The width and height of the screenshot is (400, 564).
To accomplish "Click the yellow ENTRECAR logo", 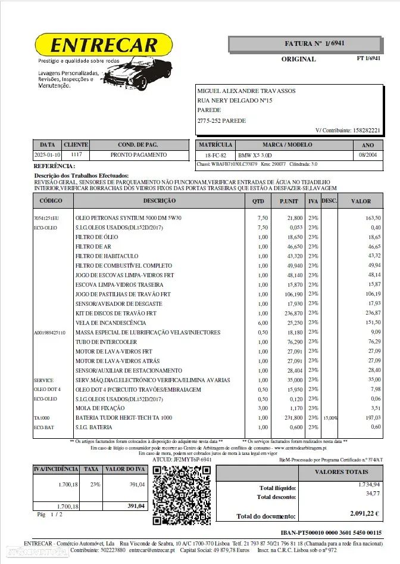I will pyautogui.click(x=104, y=45).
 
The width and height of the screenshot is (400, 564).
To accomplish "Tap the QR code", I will pyautogui.click(x=181, y=495).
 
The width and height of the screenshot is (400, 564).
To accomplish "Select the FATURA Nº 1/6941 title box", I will pyautogui.click(x=305, y=44).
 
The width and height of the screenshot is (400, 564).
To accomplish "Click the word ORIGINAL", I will pyautogui.click(x=298, y=60).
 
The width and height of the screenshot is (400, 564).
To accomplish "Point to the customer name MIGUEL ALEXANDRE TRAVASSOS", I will pyautogui.click(x=246, y=91).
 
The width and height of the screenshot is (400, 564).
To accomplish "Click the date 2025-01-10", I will pyautogui.click(x=47, y=155).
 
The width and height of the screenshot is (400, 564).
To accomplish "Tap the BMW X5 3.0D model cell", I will pyautogui.click(x=259, y=155).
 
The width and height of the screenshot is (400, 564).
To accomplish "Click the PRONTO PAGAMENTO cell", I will pyautogui.click(x=139, y=155).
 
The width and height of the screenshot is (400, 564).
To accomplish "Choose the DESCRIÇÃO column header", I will pyautogui.click(x=159, y=201).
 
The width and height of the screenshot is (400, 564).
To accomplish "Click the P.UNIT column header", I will pyautogui.click(x=289, y=201).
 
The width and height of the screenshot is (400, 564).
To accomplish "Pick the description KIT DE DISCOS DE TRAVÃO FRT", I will pyautogui.click(x=116, y=313).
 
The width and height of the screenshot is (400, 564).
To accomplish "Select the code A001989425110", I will pyautogui.click(x=49, y=333).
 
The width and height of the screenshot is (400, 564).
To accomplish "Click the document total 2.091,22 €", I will pyautogui.click(x=365, y=513).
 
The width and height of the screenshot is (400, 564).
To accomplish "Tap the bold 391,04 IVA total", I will pyautogui.click(x=136, y=506).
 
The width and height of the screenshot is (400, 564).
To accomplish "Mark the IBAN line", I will pyautogui.click(x=331, y=532).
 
